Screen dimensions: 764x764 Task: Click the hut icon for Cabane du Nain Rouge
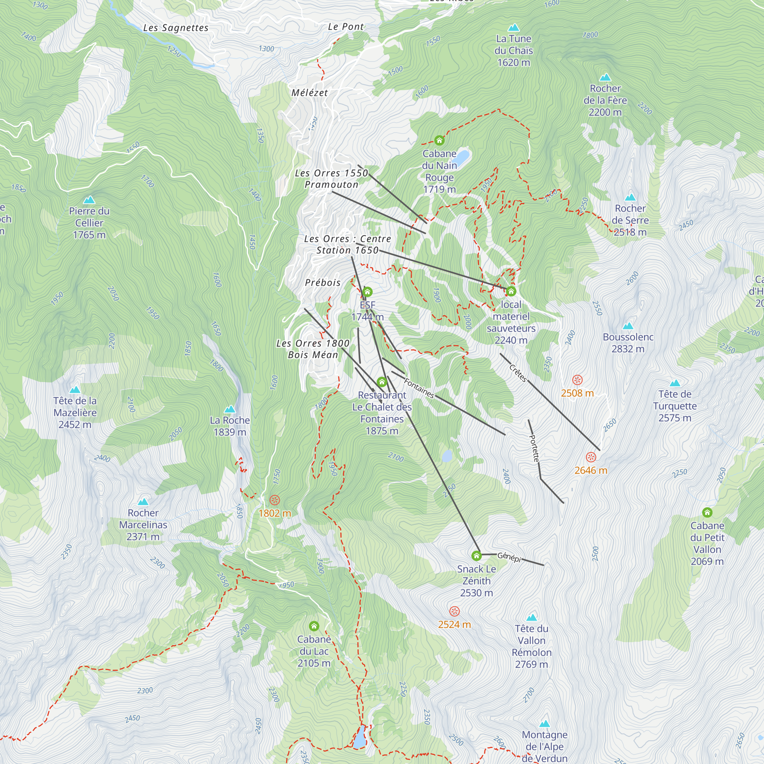coord(439,140)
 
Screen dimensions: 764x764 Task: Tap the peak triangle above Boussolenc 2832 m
coord(628,326)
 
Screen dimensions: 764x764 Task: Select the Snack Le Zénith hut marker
coord(476,556)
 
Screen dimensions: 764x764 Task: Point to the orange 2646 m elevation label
coord(591,470)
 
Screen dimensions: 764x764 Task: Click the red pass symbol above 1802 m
coord(274,500)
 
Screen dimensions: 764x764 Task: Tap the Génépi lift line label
coord(509,557)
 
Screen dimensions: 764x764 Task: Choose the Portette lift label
coord(534,448)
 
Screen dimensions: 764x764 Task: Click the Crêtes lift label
coord(518,373)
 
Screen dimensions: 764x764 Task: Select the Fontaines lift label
coord(419,388)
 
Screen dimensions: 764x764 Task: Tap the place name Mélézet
coord(310,93)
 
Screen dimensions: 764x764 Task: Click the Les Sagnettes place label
coord(176,28)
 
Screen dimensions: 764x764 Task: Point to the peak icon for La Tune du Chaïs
coord(513,28)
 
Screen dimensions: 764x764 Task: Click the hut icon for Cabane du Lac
coord(314,626)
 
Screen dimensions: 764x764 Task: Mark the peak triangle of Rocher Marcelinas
coord(143,502)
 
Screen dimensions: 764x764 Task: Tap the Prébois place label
coord(323,283)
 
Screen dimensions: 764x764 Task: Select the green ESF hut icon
coord(367,292)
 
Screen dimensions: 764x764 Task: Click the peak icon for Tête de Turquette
coord(675,383)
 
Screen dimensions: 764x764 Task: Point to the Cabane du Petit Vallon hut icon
coord(707,513)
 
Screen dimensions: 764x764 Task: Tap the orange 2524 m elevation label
coord(454,625)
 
